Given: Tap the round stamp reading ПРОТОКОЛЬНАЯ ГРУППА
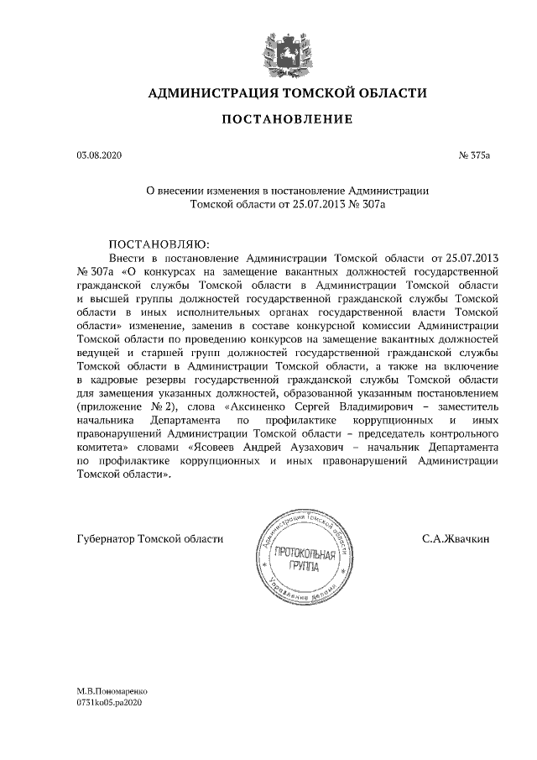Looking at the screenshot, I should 307,553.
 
